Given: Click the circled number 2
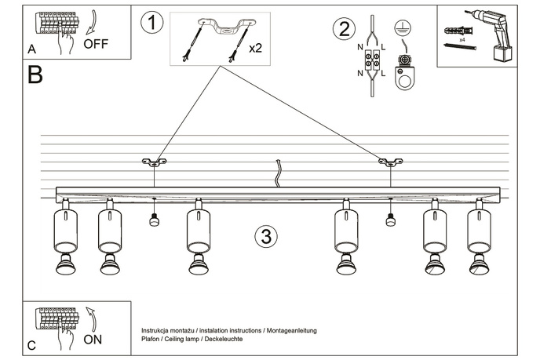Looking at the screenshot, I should click(x=341, y=30).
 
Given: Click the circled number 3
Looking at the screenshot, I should click(x=266, y=235).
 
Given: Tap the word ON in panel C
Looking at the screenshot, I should click(x=93, y=340).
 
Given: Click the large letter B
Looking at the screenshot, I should click(x=35, y=75).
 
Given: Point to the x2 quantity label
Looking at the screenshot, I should click(x=255, y=48).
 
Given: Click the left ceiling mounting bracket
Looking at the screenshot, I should click(x=154, y=162).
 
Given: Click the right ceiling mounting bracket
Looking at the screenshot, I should click(x=390, y=162).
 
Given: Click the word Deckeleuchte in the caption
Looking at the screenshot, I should click(x=220, y=340).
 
